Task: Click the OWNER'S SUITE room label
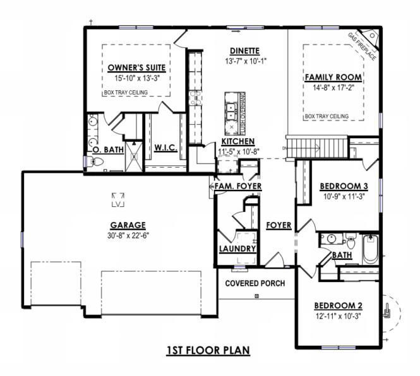pyautogui.click(x=136, y=68)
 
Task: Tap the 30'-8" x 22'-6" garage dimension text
pyautogui.click(x=128, y=236)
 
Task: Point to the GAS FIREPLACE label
pyautogui.click(x=362, y=46)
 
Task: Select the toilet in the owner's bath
pyautogui.click(x=95, y=162)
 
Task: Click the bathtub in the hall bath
pyautogui.click(x=371, y=250)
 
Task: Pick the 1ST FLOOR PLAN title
pyautogui.click(x=208, y=350)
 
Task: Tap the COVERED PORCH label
pyautogui.click(x=255, y=283)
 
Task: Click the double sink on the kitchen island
pyautogui.click(x=231, y=111)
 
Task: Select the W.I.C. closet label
pyautogui.click(x=166, y=148)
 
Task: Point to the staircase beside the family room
pyautogui.click(x=316, y=147)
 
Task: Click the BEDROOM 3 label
pyautogui.click(x=344, y=186)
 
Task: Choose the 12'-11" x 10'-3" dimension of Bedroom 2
pyautogui.click(x=339, y=316)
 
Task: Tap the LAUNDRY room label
pyautogui.click(x=237, y=249)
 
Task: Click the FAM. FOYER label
pyautogui.click(x=238, y=186)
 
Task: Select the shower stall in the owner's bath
pyautogui.click(x=134, y=156)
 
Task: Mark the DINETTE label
pyautogui.click(x=245, y=51)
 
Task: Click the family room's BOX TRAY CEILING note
pyautogui.click(x=327, y=117)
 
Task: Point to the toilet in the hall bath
pyautogui.click(x=351, y=241)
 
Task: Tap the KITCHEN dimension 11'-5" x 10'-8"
pyautogui.click(x=239, y=152)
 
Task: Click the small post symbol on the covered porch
pyautogui.click(x=256, y=296)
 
